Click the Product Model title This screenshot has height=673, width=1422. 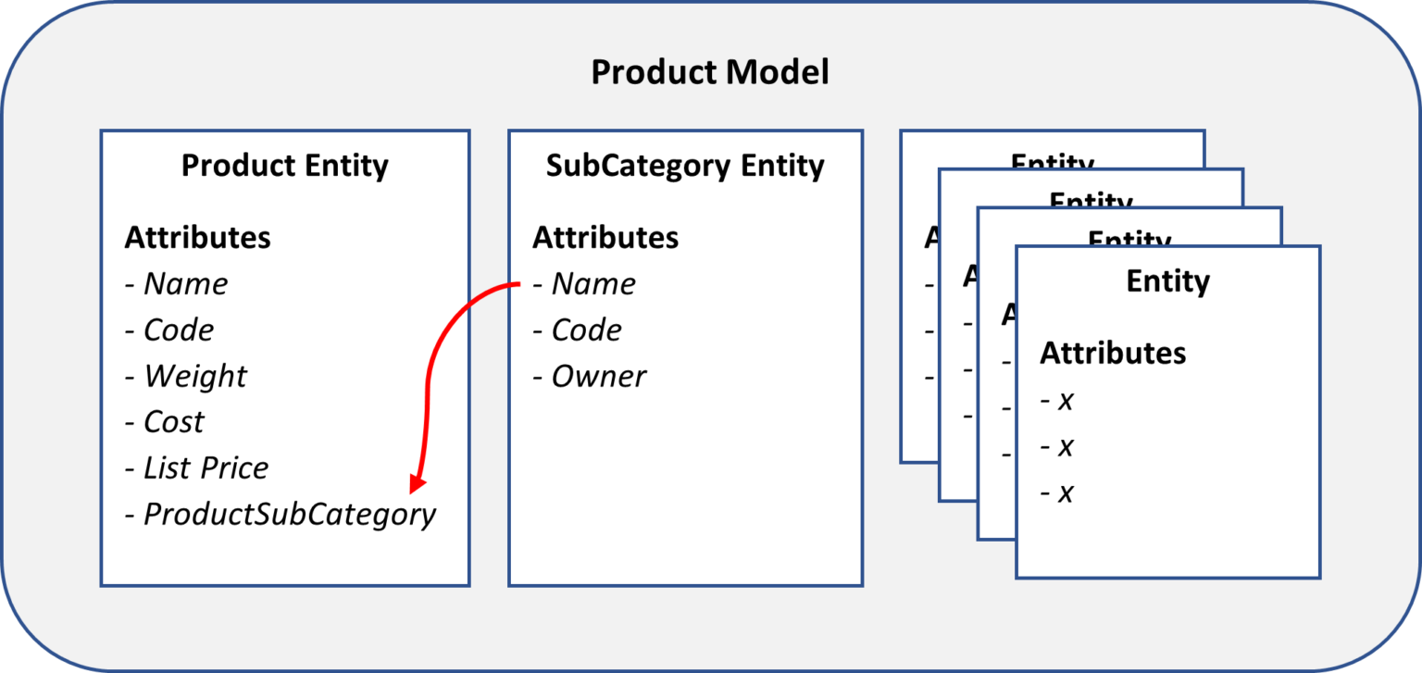[x=710, y=72]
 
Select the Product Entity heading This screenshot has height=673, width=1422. [x=284, y=166]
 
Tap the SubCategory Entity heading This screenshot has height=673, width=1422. [x=685, y=166]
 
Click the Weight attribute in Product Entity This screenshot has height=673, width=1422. [x=194, y=376]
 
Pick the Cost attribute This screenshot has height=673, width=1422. [x=173, y=422]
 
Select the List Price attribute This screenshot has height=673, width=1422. [x=205, y=467]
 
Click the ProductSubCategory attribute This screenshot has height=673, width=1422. [x=289, y=514]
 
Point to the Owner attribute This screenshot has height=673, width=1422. [x=598, y=376]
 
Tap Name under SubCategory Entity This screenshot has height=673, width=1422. [x=592, y=283]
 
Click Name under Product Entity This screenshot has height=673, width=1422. [x=185, y=283]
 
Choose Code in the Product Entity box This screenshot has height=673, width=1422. [x=178, y=330]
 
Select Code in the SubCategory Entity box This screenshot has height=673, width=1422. [x=586, y=330]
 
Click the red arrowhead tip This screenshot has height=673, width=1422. [x=417, y=490]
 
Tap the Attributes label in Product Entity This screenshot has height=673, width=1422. [x=197, y=237]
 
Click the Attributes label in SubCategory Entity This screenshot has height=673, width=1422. [x=605, y=237]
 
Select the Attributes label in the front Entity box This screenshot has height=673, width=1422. [x=1113, y=353]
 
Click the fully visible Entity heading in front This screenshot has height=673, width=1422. [x=1167, y=280]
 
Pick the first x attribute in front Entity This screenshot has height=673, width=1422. [x=1065, y=401]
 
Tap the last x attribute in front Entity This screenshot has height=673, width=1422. [x=1065, y=492]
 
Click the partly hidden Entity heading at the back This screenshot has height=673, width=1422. [x=1053, y=161]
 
